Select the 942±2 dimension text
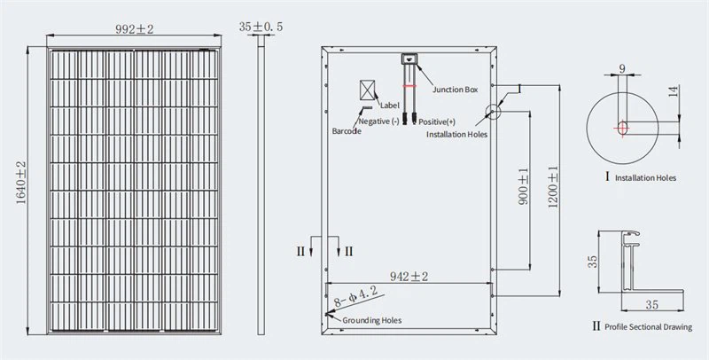409,277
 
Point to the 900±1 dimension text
523,187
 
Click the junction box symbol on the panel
409,60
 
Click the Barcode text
346,130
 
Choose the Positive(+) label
437,121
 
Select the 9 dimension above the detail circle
623,67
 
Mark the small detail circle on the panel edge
492,111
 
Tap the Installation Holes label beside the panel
457,135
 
